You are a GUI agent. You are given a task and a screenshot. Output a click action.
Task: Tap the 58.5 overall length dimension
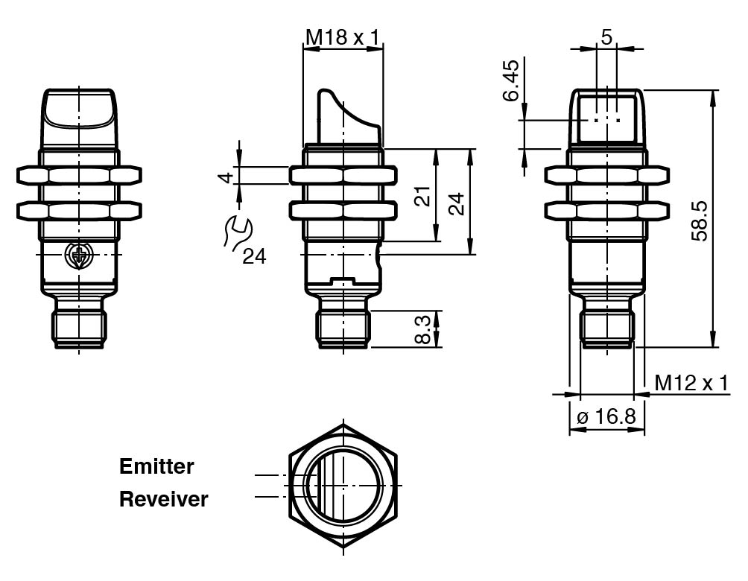coord(700,220)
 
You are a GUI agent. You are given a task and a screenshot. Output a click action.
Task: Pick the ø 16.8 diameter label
coord(606,416)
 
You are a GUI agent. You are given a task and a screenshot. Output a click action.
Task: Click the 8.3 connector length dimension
coord(422,329)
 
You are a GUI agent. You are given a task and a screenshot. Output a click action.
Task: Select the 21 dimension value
coord(422,196)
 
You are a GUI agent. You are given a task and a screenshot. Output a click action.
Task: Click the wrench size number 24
coord(254,257)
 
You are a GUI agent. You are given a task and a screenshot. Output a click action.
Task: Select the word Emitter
coord(156,467)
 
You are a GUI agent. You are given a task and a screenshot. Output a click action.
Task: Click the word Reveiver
coord(164,499)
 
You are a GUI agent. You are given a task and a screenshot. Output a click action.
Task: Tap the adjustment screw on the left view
coord(78,255)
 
